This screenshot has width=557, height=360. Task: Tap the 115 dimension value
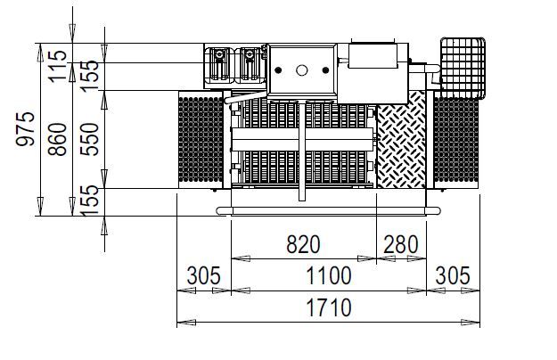tap(57, 66)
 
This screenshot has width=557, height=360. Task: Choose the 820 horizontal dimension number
tap(303, 244)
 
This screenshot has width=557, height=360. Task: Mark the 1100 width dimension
tap(328, 275)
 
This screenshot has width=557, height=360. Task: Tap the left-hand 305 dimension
tap(204, 275)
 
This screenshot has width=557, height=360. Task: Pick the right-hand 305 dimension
tap(451, 275)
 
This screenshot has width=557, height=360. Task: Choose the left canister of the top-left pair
tap(218, 66)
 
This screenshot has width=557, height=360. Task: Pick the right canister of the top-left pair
tap(250, 66)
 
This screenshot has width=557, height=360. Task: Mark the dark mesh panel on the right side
tap(455, 143)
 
